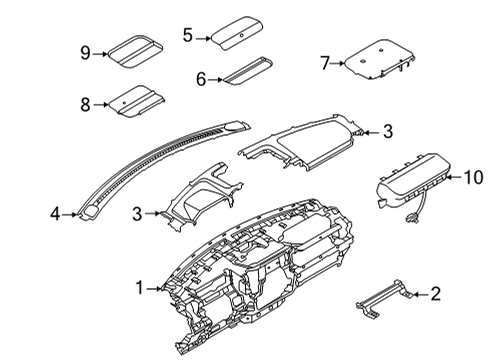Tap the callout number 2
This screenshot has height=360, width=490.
coord(435,293)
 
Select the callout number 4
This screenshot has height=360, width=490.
coord(56,212)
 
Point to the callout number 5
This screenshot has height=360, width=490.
coord(187,35)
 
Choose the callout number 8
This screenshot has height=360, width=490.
coord(84,102)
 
